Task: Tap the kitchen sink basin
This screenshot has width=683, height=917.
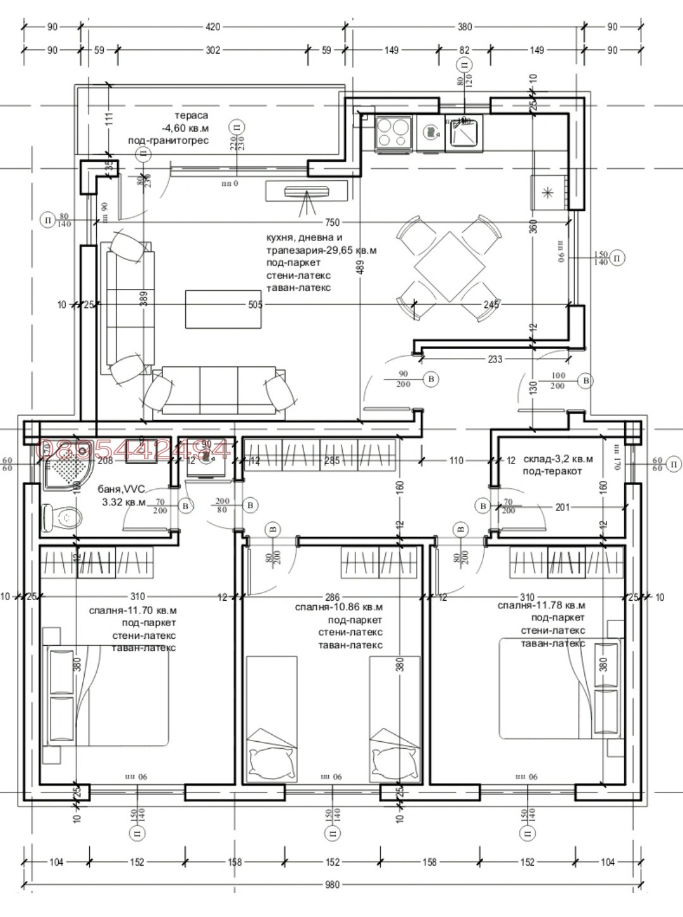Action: coord(464,133)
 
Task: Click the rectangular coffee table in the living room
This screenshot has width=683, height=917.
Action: coord(223,309)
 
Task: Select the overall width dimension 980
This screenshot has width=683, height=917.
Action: coord(333,885)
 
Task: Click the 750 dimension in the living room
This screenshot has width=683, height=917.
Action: coord(332,222)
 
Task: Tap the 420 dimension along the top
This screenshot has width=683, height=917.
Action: coord(213,27)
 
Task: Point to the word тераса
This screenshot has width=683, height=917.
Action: coord(191,116)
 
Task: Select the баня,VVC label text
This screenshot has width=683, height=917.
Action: coord(121,489)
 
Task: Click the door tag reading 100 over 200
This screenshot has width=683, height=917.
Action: coord(557,380)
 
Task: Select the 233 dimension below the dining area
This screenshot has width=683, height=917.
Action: coord(495,359)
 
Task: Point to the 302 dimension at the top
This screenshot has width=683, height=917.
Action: coord(213,50)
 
